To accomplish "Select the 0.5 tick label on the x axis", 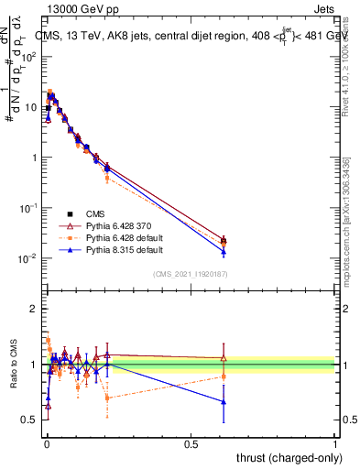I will [191, 444].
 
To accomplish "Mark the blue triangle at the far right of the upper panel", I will [224, 252].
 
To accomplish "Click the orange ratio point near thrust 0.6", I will [224, 376].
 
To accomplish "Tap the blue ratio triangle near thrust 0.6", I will [224, 402].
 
